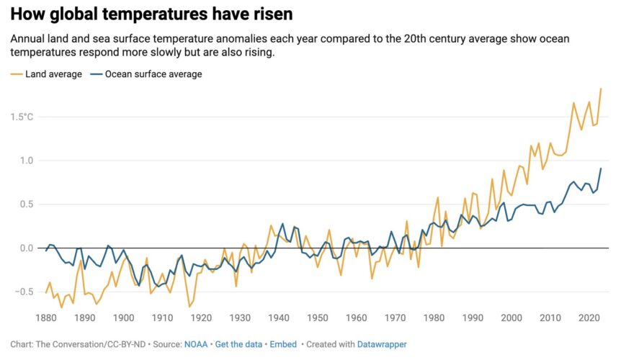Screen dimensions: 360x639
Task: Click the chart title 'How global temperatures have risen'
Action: click(x=151, y=14)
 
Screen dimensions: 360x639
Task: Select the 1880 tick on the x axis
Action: click(x=46, y=318)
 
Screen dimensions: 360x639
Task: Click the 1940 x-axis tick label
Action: click(x=279, y=318)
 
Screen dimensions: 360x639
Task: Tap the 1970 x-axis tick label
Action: click(x=395, y=318)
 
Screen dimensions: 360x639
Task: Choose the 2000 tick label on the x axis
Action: click(x=511, y=318)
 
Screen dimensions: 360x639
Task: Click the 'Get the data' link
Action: click(x=239, y=345)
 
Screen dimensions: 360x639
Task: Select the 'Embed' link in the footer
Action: click(x=283, y=345)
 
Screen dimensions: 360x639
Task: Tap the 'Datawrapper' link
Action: click(x=383, y=345)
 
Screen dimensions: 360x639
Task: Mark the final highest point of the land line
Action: click(x=601, y=89)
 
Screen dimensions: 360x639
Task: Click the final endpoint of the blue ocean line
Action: click(x=601, y=168)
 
